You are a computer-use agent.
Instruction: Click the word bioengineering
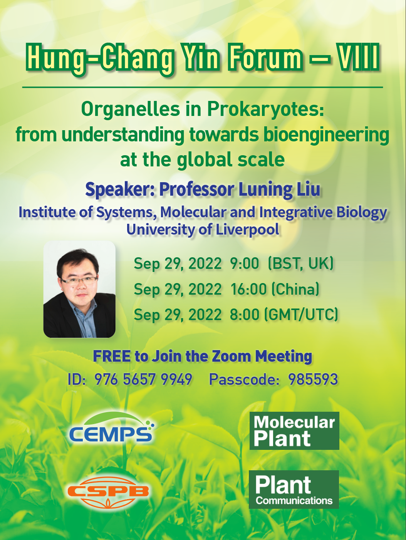(x=327, y=135)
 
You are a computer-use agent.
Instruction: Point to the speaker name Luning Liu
(x=280, y=190)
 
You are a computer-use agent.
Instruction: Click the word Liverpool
(x=248, y=230)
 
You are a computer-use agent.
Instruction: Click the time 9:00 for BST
(x=244, y=263)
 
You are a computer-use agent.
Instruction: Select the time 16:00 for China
(x=248, y=289)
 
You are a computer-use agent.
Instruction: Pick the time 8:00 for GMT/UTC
(x=244, y=315)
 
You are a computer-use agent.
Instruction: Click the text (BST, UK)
(x=300, y=263)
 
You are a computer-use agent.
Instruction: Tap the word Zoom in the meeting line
(x=231, y=356)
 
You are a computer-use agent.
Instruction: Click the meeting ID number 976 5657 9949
(x=143, y=379)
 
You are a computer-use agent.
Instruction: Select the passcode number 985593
(x=313, y=379)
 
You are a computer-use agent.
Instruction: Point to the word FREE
(x=112, y=356)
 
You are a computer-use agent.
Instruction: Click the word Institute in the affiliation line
(x=47, y=212)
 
